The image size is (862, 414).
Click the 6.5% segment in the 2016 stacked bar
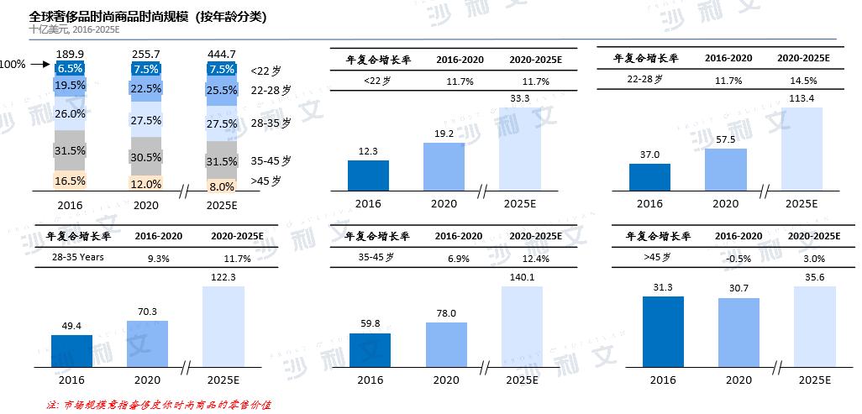71,69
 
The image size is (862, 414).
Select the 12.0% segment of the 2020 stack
146,184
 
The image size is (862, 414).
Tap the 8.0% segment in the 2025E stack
221,186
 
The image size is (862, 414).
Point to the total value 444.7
221,54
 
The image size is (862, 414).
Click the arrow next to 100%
41,64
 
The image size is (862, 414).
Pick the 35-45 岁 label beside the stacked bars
271,160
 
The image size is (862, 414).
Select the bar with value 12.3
368,175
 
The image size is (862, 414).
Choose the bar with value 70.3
147,343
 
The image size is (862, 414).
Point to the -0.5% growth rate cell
738,258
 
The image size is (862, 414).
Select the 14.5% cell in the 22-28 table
803,81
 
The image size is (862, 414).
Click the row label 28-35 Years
78,257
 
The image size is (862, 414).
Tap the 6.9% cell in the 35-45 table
459,259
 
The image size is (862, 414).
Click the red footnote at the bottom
159,405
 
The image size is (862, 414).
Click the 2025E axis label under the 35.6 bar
814,380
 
